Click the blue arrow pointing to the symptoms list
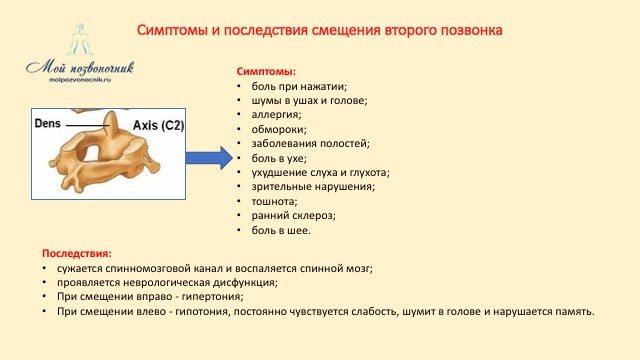click(209, 157)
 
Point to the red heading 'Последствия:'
click(77, 254)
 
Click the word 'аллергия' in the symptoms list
click(277, 115)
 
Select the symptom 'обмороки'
click(279, 129)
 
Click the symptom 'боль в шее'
click(281, 230)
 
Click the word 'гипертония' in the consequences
click(212, 297)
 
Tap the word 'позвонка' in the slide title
click(475, 31)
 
